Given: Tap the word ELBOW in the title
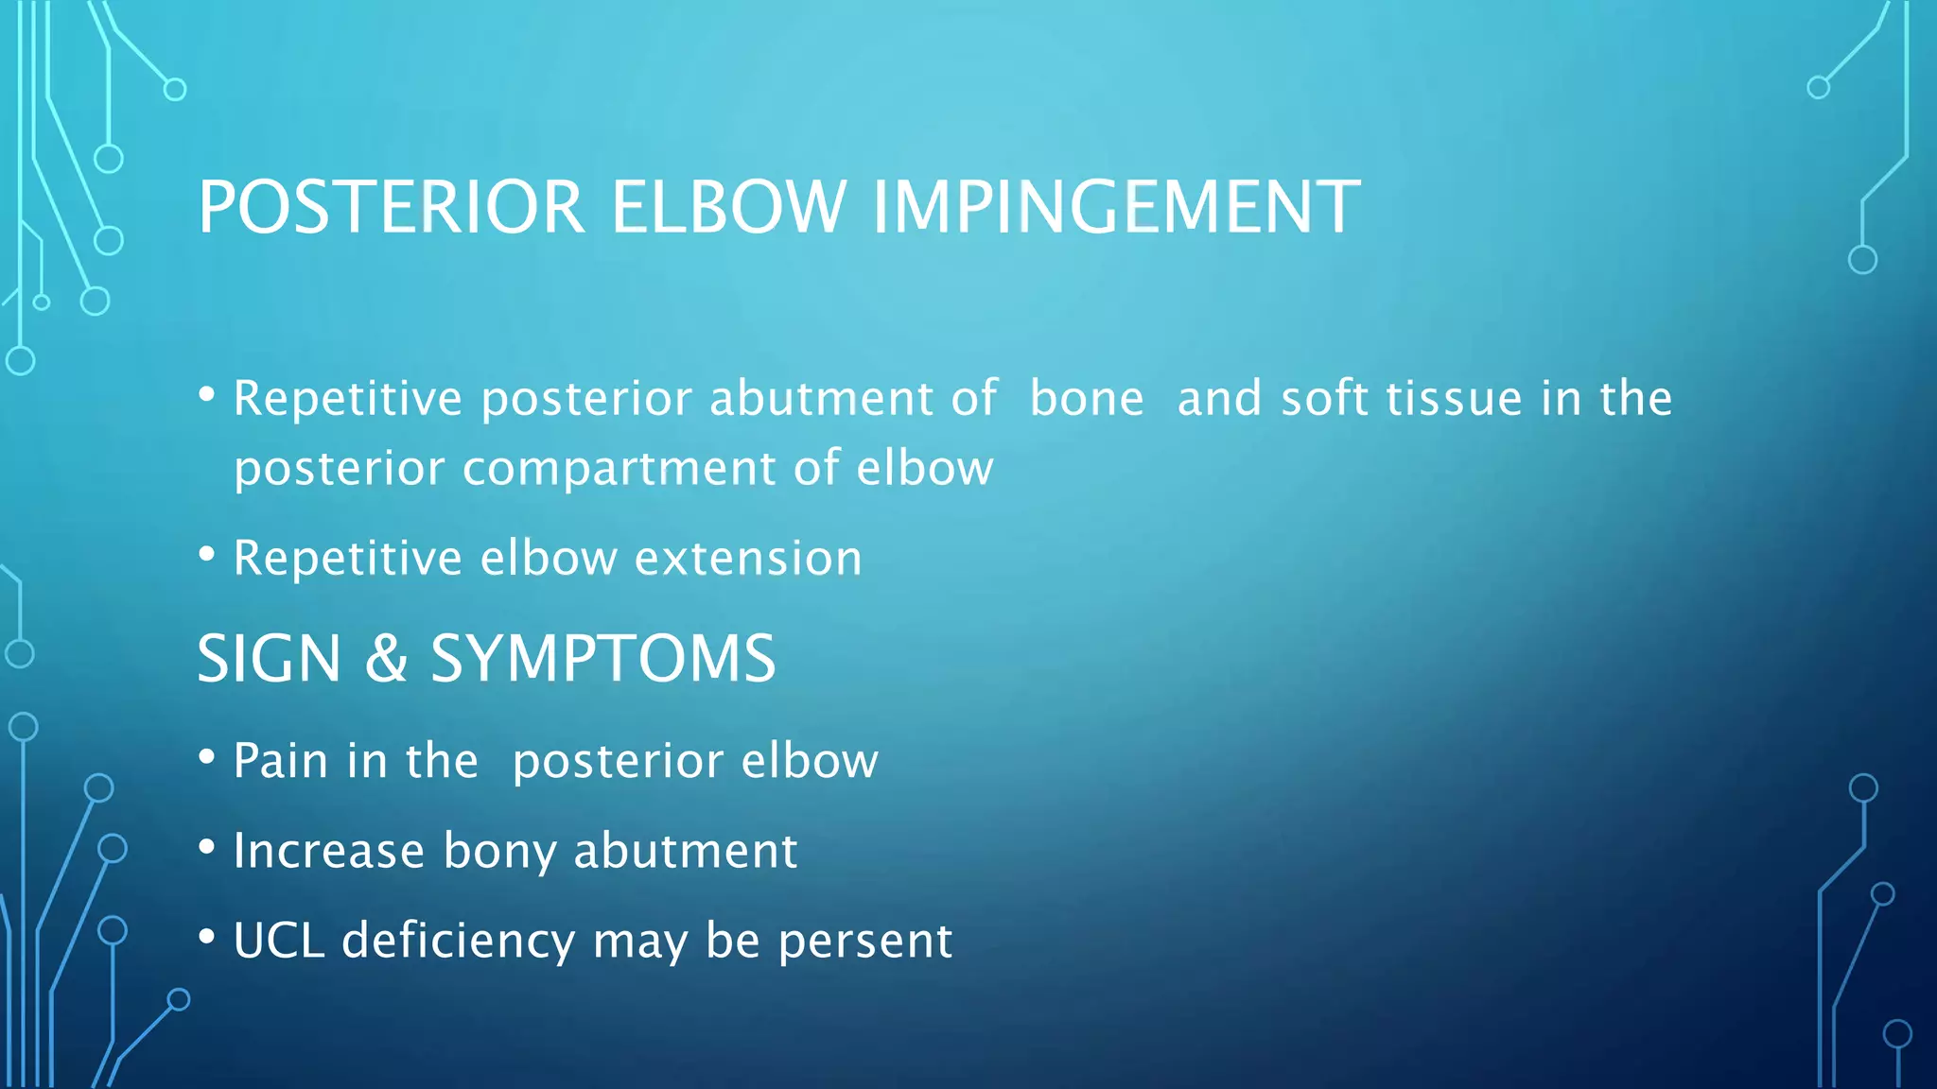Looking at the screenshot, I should [x=727, y=208].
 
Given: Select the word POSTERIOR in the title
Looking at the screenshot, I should [x=392, y=208].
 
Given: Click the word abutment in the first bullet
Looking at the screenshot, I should [x=821, y=398].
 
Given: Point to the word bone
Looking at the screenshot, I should [x=1087, y=398].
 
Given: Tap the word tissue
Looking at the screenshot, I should [x=1454, y=398].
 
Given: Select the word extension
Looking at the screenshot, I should [x=748, y=558].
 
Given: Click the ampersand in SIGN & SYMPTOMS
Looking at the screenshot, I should [x=386, y=659].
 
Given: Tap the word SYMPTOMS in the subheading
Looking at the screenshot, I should [x=603, y=659].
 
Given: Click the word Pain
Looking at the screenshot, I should [x=280, y=761].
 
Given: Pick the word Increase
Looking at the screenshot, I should [x=328, y=851].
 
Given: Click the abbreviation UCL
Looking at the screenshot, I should [x=278, y=941].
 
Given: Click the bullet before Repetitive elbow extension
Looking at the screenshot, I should [x=207, y=555].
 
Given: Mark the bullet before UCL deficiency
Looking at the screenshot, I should [x=207, y=938].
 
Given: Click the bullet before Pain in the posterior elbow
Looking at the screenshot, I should [x=207, y=758].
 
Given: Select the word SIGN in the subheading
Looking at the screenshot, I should [x=270, y=659].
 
